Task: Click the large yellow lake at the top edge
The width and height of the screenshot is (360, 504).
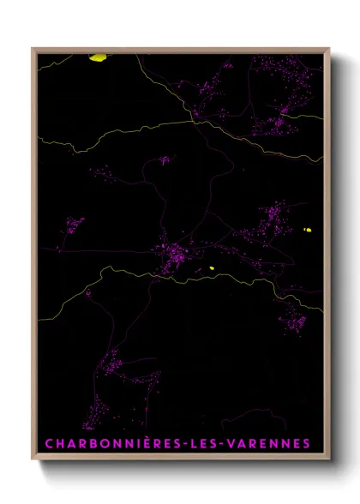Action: [99, 58]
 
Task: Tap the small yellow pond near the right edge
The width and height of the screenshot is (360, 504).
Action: [309, 230]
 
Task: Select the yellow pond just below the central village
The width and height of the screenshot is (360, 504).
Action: [211, 269]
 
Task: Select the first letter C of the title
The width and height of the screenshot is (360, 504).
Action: [48, 444]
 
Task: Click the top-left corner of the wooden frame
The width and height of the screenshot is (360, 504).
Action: [33, 49]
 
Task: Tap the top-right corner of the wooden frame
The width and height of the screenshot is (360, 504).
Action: [330, 49]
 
